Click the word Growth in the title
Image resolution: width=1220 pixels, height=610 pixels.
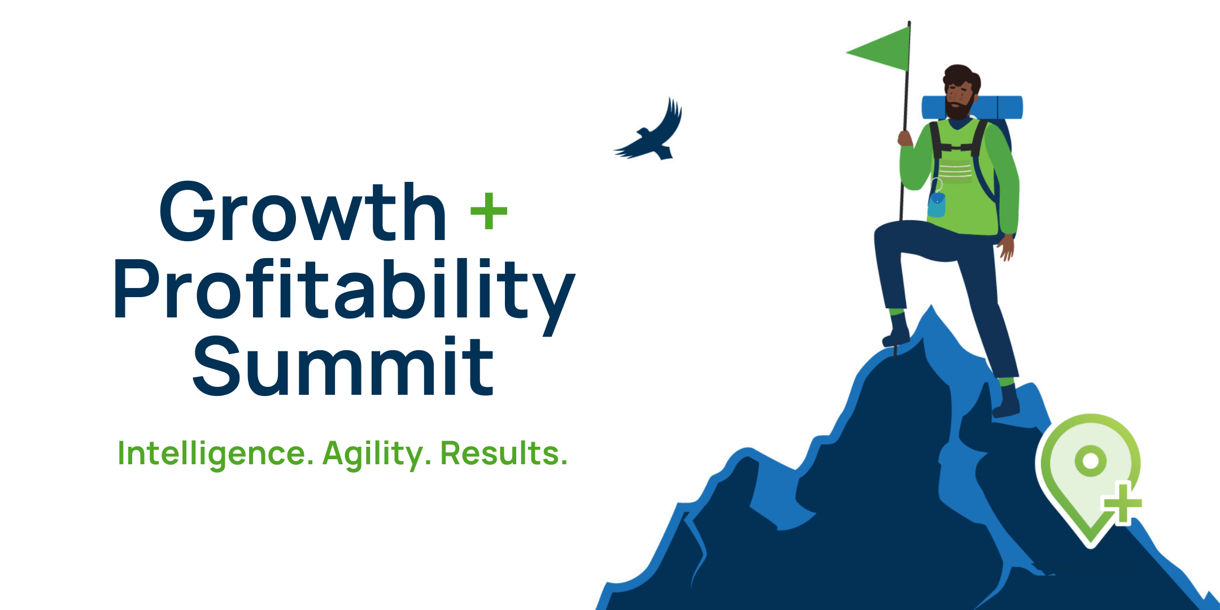pos(303,212)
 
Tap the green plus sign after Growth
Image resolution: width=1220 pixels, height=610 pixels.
pos(489,211)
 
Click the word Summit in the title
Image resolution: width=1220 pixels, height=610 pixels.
pos(343,366)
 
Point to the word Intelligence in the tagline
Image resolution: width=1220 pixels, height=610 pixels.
pos(215,454)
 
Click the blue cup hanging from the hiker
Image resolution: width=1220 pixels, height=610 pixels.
pos(936,204)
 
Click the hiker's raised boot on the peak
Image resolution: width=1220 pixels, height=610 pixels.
pos(896,330)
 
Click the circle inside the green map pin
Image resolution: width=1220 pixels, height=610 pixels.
pos(1091,460)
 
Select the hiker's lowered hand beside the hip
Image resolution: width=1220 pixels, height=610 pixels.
pos(1006,247)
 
